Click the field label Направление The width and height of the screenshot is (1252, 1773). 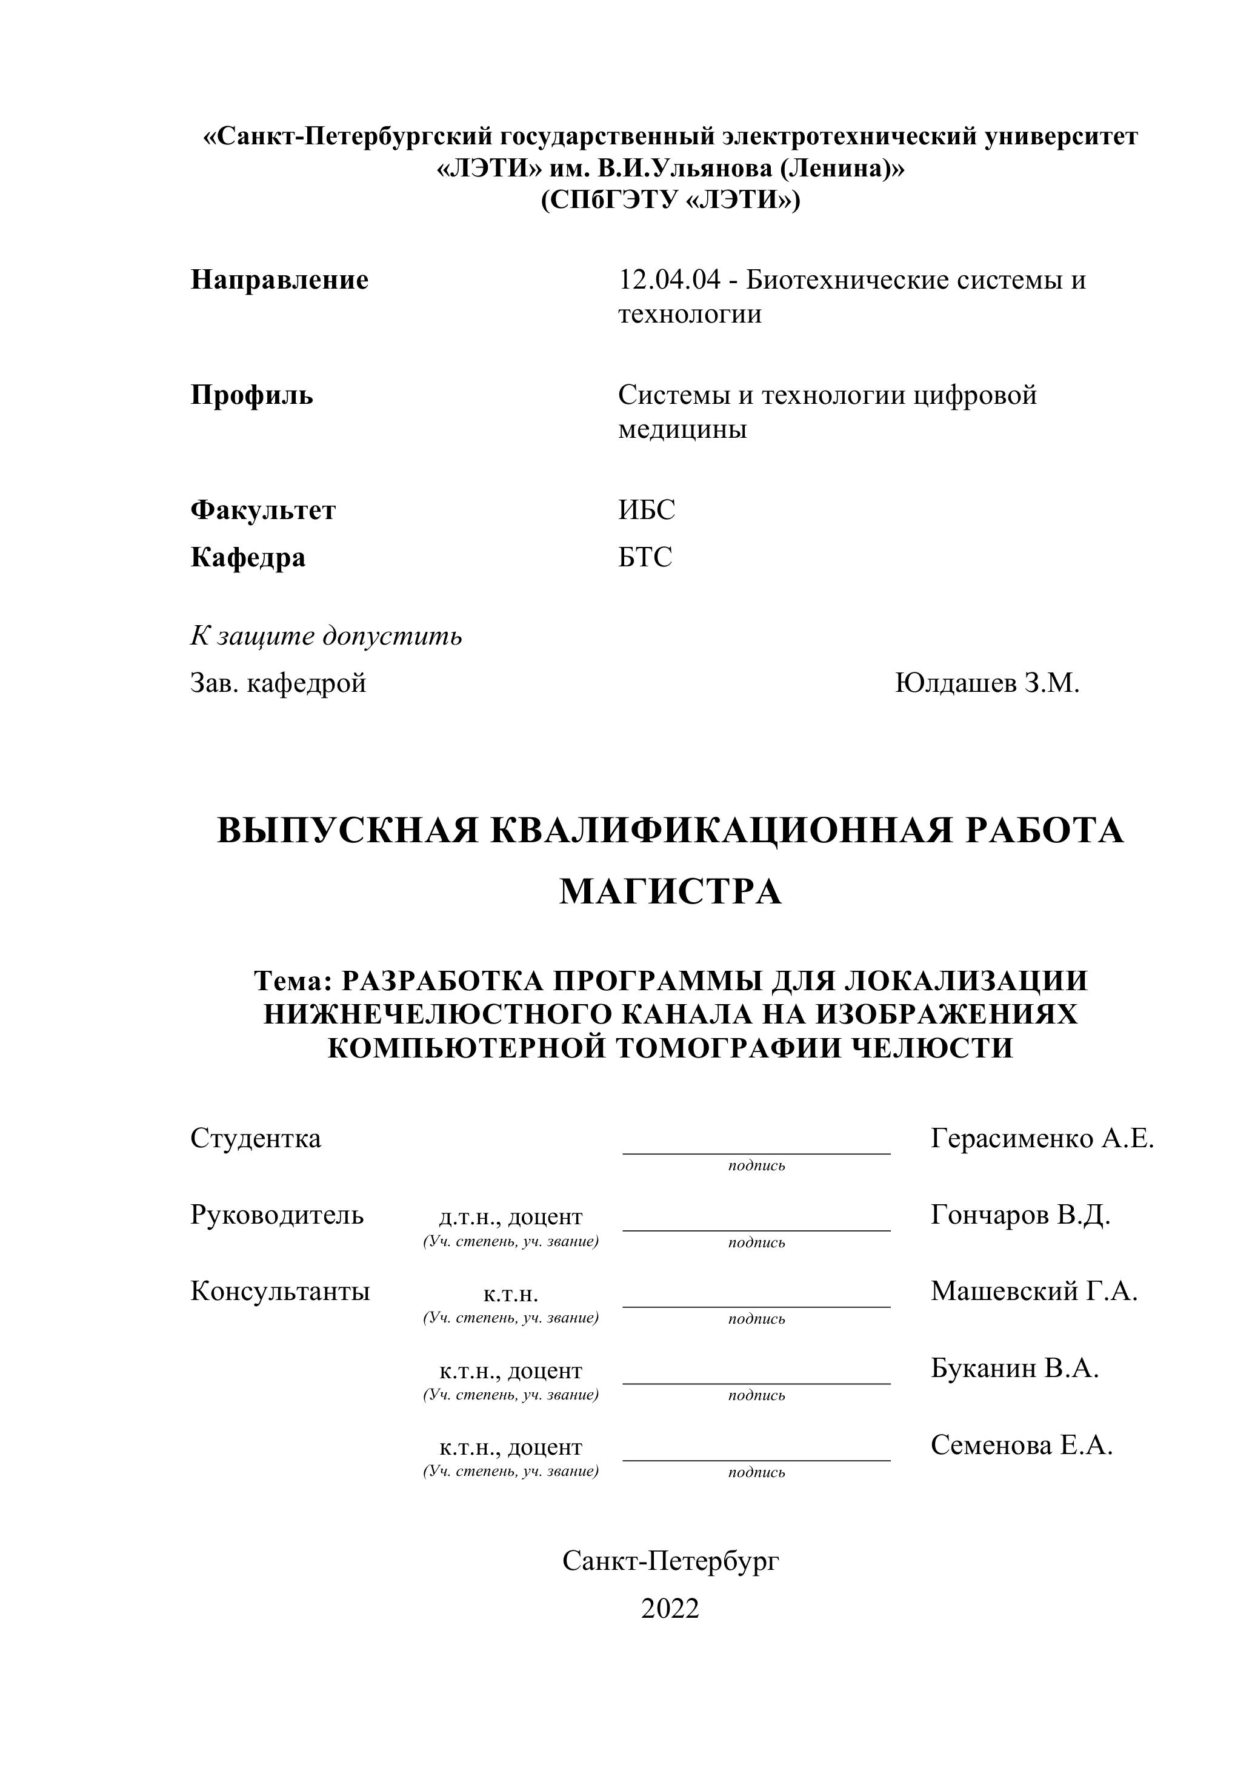[279, 280]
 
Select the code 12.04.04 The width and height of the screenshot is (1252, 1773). [668, 280]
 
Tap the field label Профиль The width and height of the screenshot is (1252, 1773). [251, 395]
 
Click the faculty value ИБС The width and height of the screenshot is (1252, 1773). [646, 511]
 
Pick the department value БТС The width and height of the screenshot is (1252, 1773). [645, 557]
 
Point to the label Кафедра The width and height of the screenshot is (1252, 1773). [248, 557]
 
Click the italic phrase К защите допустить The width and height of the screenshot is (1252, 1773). [326, 635]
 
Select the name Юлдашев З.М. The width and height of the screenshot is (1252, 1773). [987, 683]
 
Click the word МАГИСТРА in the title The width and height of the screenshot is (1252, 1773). [670, 892]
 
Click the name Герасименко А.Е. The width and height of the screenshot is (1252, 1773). [1042, 1138]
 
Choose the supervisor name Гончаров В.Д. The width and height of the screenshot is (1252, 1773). [1021, 1216]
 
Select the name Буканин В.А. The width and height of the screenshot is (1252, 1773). [1014, 1369]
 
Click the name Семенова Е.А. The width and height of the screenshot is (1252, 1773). [1021, 1445]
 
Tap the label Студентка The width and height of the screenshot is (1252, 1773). [256, 1138]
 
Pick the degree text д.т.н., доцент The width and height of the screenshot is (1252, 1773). [510, 1217]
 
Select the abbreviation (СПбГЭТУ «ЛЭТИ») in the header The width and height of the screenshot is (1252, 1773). [670, 201]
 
